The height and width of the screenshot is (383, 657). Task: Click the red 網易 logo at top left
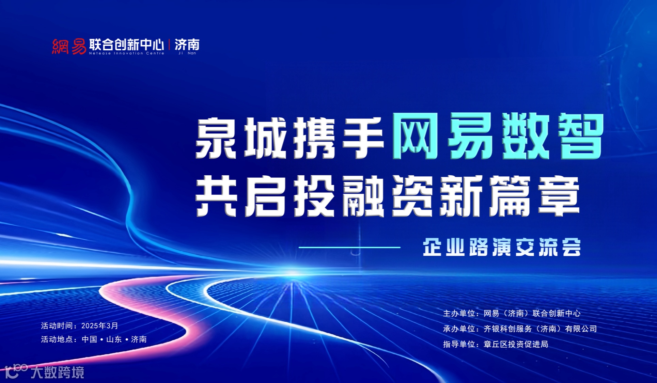click(x=69, y=46)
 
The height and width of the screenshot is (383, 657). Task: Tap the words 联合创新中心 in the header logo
click(x=126, y=45)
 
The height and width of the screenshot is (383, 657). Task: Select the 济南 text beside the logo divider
click(x=187, y=45)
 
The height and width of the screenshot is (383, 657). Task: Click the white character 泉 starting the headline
click(x=217, y=138)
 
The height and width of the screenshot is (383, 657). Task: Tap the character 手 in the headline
click(x=363, y=138)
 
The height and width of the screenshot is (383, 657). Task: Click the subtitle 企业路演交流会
click(x=502, y=247)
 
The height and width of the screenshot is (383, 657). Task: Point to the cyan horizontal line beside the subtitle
click(x=349, y=248)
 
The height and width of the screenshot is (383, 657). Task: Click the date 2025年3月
click(x=99, y=326)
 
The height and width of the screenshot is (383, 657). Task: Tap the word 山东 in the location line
click(x=114, y=339)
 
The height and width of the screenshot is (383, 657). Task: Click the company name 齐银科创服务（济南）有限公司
click(x=540, y=329)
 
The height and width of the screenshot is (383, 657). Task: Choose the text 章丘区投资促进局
click(x=516, y=344)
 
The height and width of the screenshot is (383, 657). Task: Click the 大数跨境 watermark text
click(x=57, y=372)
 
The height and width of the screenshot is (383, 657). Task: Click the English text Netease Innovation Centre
click(x=127, y=53)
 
